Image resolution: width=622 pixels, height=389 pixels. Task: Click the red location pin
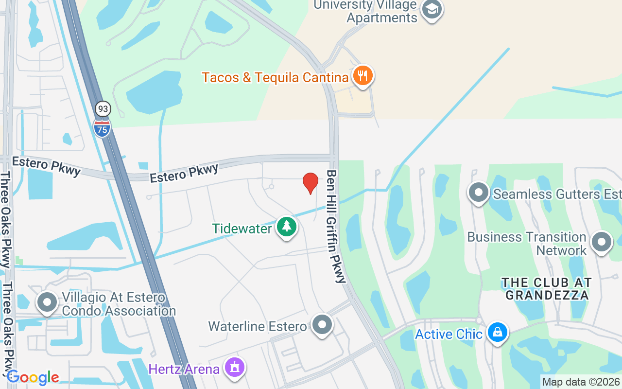pos(311,183)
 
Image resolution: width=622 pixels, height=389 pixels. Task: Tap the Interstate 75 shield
pos(102,128)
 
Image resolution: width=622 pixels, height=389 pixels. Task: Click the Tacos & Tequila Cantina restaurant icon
pos(363,76)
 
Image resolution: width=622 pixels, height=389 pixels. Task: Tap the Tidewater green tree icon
pos(287,227)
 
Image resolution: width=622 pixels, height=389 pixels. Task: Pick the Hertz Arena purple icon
pos(235,368)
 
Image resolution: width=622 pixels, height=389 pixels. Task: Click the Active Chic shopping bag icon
pos(497,333)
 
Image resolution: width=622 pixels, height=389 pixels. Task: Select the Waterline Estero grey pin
pos(322,325)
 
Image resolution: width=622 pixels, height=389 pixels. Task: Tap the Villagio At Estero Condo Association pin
pos(47,302)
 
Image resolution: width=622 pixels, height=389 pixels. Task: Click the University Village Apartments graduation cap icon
pos(431,10)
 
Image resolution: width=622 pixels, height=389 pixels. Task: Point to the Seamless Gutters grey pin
pos(479,193)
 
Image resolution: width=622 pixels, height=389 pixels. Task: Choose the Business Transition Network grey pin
pos(601,242)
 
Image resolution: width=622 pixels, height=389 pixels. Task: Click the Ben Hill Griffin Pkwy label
pos(337,226)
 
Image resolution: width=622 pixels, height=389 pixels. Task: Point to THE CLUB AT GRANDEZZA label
pos(547,289)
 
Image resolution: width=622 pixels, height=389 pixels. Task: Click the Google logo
pos(33,377)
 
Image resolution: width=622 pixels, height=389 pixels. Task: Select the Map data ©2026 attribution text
pos(581,382)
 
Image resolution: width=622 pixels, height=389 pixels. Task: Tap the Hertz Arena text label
pos(184,369)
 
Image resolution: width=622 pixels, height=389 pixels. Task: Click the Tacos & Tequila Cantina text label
pos(275,77)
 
